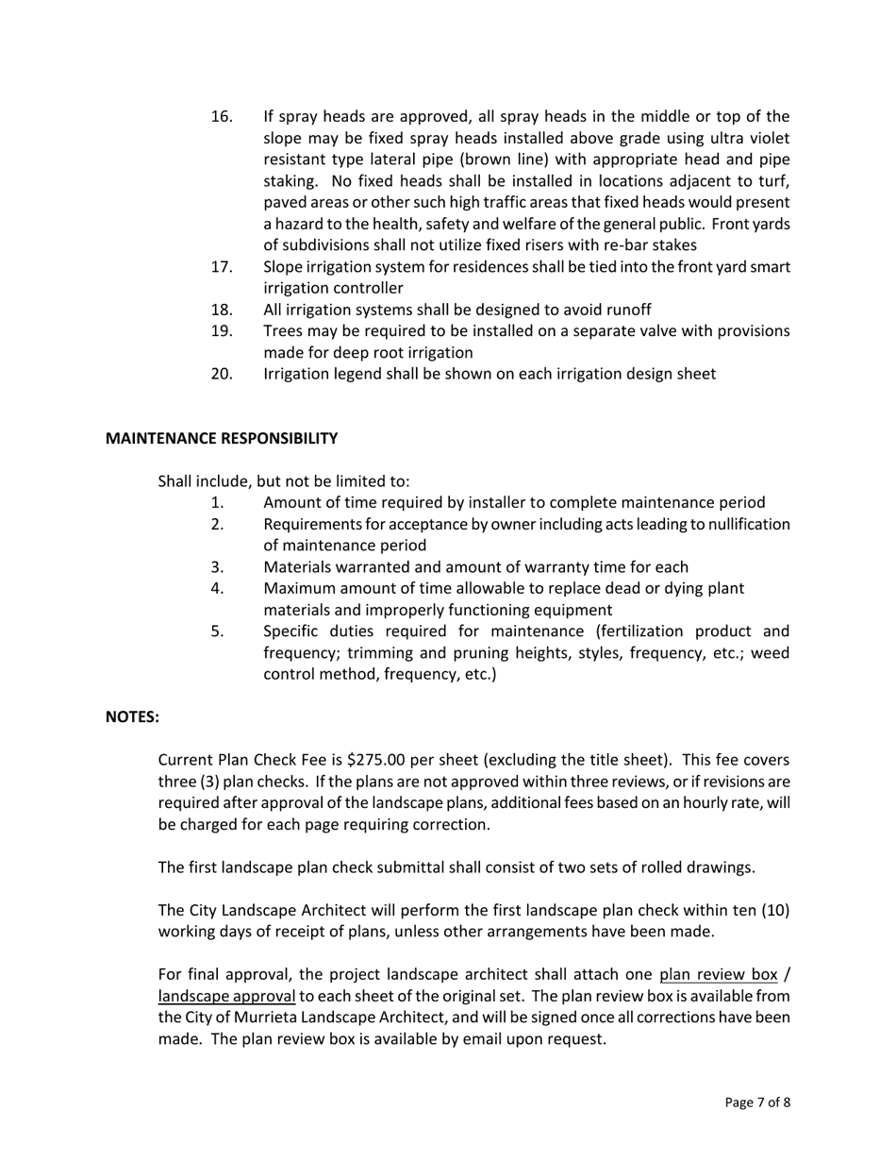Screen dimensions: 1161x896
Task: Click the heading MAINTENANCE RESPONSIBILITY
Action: coord(221,438)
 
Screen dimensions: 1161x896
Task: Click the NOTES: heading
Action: coord(132,716)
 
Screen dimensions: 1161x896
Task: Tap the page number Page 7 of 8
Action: coord(757,1102)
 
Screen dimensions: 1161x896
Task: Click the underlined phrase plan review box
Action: coord(718,975)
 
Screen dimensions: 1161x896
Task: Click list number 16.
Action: coord(222,117)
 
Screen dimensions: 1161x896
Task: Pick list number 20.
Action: coord(222,374)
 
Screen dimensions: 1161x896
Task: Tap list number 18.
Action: coord(222,310)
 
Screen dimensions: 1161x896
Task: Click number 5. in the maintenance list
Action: coord(217,631)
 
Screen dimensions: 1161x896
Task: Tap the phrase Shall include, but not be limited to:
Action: coord(283,480)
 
